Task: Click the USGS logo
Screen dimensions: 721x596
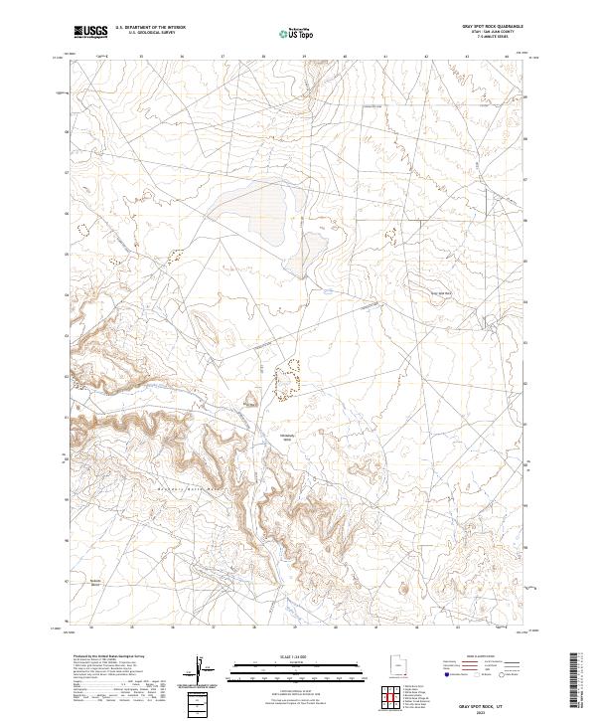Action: click(90, 32)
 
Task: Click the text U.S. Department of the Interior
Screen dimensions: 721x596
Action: click(150, 29)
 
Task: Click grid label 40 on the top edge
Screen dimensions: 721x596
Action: click(345, 57)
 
